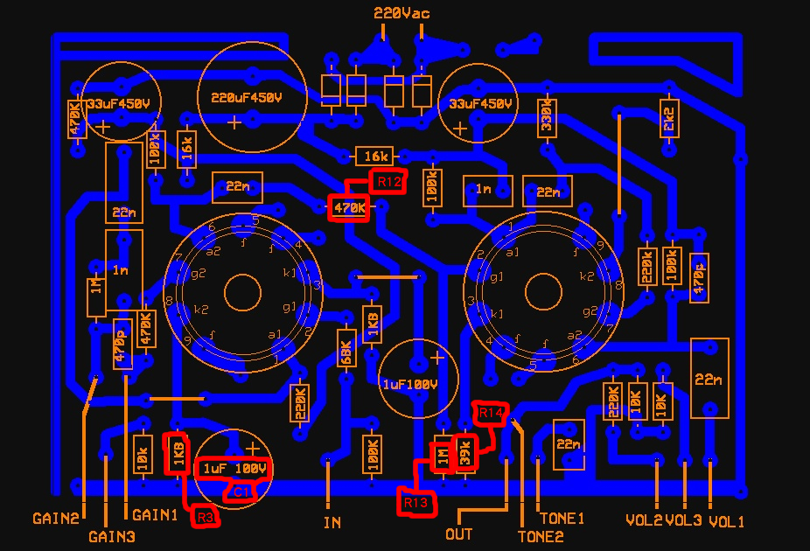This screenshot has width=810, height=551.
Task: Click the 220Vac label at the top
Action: pyautogui.click(x=402, y=13)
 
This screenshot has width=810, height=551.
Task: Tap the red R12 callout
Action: pyautogui.click(x=388, y=182)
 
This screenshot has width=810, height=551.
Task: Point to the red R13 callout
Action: pyautogui.click(x=415, y=502)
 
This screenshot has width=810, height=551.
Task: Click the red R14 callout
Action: pyautogui.click(x=490, y=412)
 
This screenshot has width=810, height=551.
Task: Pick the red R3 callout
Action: pyautogui.click(x=206, y=518)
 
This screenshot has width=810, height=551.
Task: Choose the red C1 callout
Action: pyautogui.click(x=241, y=492)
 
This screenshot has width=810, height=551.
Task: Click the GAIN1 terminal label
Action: pyautogui.click(x=155, y=516)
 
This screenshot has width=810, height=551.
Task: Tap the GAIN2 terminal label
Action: pyautogui.click(x=56, y=518)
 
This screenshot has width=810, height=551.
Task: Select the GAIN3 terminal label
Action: pyautogui.click(x=111, y=537)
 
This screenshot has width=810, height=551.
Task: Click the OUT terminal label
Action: pyautogui.click(x=459, y=534)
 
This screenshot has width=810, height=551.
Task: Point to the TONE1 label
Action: pyautogui.click(x=562, y=519)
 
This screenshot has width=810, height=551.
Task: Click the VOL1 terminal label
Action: pyautogui.click(x=726, y=521)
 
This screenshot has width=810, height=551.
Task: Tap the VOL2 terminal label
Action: pyautogui.click(x=644, y=520)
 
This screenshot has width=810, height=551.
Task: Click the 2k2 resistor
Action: pyautogui.click(x=669, y=118)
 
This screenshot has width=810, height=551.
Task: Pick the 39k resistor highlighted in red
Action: pyautogui.click(x=465, y=454)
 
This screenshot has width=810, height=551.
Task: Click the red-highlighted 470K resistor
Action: pyautogui.click(x=350, y=208)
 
